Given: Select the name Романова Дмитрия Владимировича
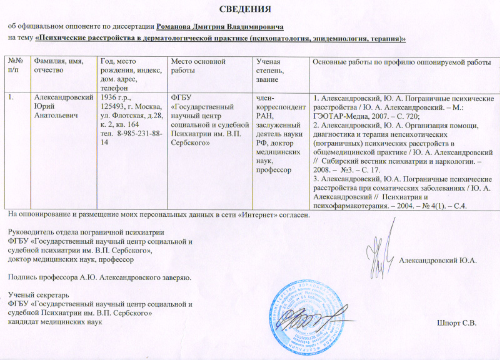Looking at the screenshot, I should coord(219,27).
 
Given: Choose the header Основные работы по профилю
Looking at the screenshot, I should coord(401,61).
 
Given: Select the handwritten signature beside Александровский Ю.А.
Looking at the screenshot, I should coord(380,256).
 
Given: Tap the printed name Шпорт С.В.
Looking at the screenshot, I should coord(456,322).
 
